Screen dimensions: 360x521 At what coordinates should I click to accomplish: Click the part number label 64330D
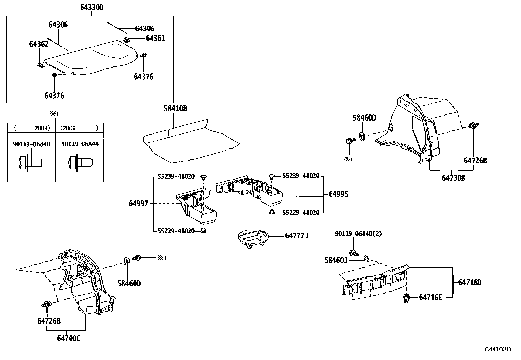tap(92, 7)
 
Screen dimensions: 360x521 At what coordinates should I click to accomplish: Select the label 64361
tap(155, 38)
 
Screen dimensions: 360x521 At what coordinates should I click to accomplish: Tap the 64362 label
tap(39, 44)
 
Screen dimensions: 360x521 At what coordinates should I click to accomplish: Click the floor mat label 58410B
tap(175, 109)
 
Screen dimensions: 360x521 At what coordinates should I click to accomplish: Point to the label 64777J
tap(296, 236)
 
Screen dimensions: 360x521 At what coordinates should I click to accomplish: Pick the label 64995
tap(338, 194)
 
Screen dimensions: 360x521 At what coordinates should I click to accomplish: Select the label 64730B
tap(453, 178)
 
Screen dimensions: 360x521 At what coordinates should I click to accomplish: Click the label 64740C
tap(68, 338)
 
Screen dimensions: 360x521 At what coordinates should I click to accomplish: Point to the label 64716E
tap(430, 297)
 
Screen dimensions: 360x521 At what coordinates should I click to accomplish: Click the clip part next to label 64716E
tap(406, 298)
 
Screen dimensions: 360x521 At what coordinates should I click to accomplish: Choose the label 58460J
tap(336, 260)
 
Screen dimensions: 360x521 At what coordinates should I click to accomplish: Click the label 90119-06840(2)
tap(358, 234)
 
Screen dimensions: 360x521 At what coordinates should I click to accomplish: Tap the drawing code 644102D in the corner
tap(497, 349)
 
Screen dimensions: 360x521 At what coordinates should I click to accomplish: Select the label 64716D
tap(470, 282)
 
